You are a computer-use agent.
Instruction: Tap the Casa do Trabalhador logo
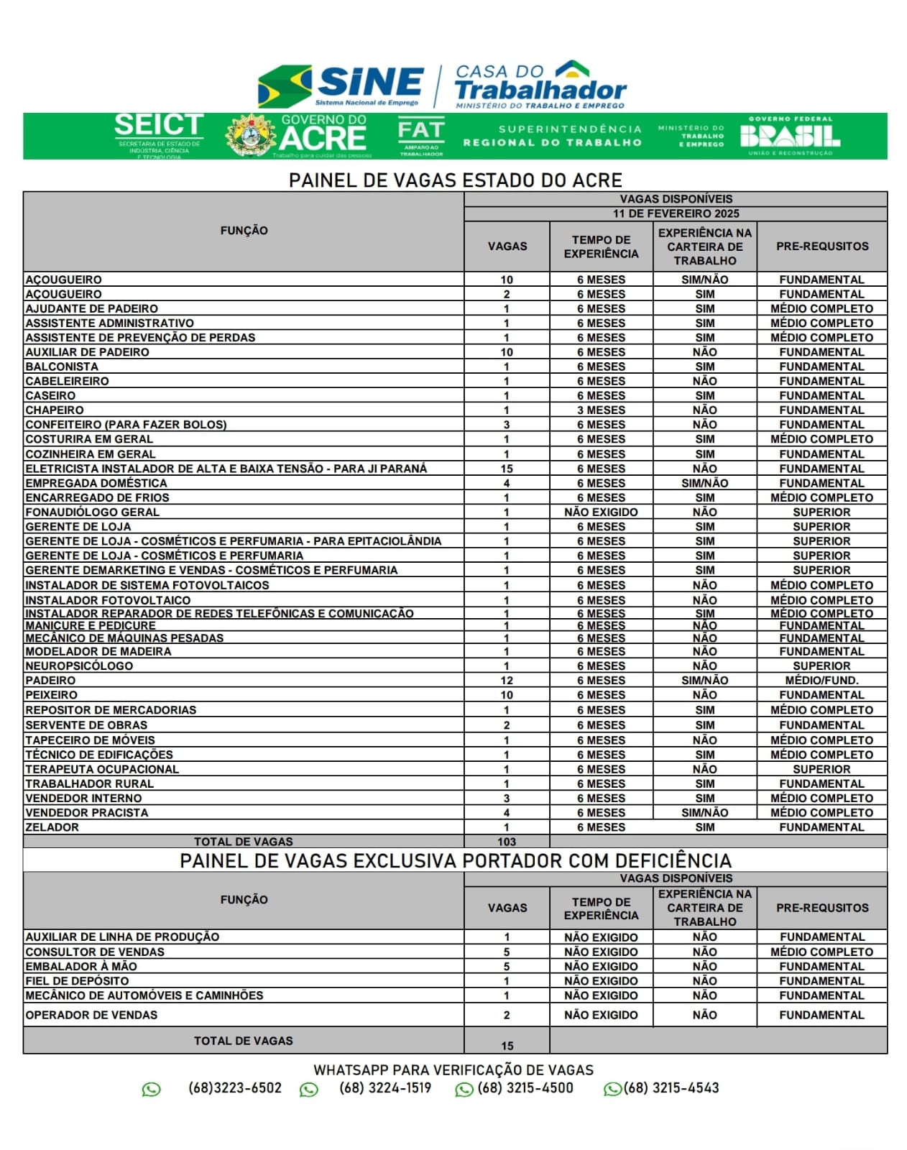tap(540, 85)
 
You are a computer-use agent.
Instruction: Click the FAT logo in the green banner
tap(421, 136)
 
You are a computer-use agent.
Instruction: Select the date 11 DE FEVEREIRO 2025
tap(676, 213)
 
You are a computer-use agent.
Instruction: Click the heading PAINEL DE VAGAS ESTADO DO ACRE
tap(455, 180)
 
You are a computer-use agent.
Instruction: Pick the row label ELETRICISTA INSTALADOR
tap(226, 469)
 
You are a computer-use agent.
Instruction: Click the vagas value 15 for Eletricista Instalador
tap(507, 469)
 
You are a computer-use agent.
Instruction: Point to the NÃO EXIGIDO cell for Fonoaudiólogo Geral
tap(601, 512)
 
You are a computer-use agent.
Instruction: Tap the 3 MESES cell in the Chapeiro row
tap(601, 410)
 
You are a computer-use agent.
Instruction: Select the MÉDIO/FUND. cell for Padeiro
tap(821, 680)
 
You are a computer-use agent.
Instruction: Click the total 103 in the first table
tap(507, 842)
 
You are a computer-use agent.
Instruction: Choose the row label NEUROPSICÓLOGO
tap(79, 666)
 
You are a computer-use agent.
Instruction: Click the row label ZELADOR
tap(52, 827)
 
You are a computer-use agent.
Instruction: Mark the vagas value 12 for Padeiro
tap(507, 680)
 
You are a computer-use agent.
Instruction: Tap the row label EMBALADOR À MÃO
tap(81, 966)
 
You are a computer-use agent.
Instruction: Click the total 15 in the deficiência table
tap(507, 1046)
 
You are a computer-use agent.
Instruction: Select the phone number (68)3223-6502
tap(235, 1088)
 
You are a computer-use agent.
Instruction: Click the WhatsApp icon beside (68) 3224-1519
tap(309, 1090)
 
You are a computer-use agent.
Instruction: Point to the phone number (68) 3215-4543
tap(671, 1088)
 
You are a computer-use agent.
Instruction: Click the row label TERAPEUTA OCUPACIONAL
tap(102, 769)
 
